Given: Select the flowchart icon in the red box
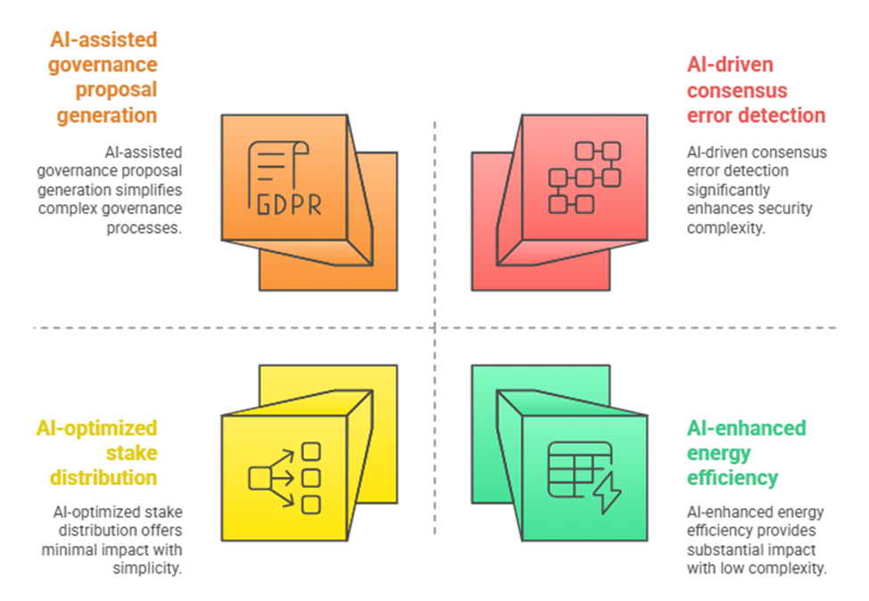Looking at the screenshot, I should pyautogui.click(x=583, y=177).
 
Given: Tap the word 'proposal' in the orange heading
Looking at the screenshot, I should pyautogui.click(x=116, y=90).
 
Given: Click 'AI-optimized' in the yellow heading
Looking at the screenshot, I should pyautogui.click(x=96, y=427).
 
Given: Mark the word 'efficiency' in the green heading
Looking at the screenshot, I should pyautogui.click(x=731, y=478).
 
